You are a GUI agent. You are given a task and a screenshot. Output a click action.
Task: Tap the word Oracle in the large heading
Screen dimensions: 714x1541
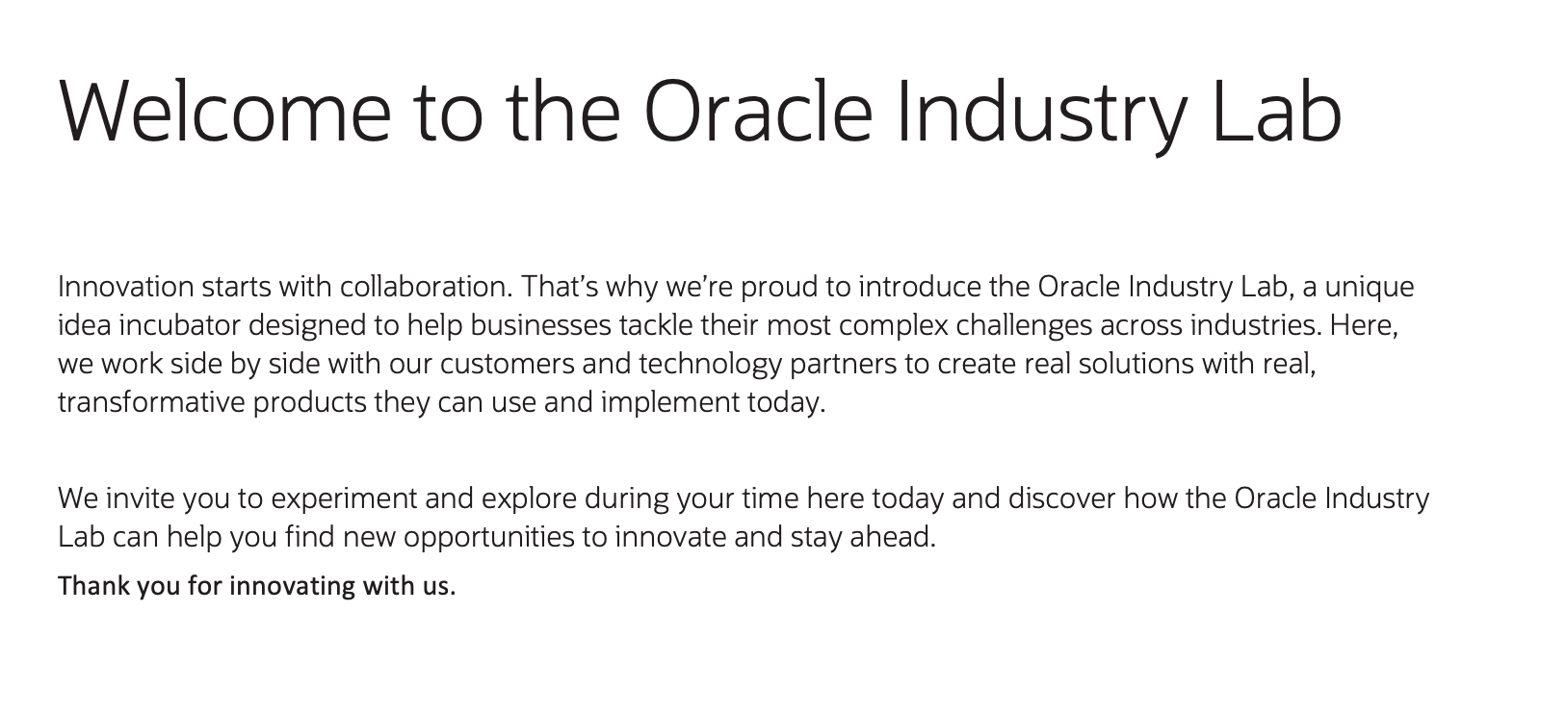click(x=757, y=111)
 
